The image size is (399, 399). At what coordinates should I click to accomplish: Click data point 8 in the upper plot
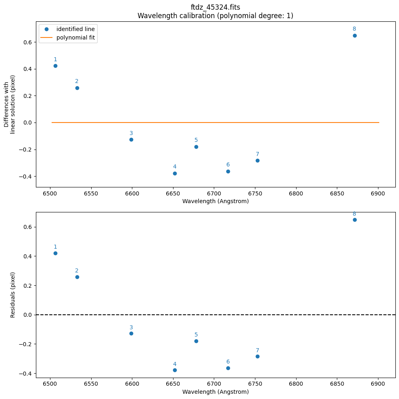[355, 35]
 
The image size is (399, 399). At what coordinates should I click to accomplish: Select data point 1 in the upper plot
[55, 66]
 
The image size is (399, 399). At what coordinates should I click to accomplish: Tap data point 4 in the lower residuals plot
[175, 370]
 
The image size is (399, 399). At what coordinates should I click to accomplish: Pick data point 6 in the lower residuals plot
[228, 368]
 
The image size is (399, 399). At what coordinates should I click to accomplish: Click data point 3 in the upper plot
[131, 139]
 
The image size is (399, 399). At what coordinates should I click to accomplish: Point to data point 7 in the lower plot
[257, 356]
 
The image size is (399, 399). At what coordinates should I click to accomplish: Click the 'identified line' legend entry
[76, 29]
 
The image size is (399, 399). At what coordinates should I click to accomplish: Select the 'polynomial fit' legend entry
[75, 38]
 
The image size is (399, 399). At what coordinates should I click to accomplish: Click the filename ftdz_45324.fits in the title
[215, 8]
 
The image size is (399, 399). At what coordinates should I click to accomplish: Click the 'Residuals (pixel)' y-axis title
[13, 295]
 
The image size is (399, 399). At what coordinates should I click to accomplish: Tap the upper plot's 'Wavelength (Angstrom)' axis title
[215, 201]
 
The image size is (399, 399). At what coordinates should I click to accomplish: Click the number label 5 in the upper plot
[196, 140]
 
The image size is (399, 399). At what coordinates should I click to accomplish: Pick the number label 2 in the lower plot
[77, 271]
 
